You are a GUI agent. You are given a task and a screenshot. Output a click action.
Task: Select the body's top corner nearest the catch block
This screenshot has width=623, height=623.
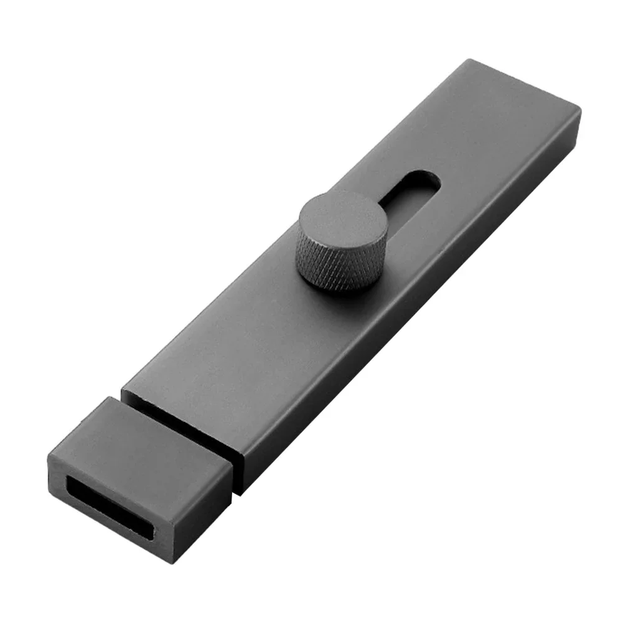(123, 392)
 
